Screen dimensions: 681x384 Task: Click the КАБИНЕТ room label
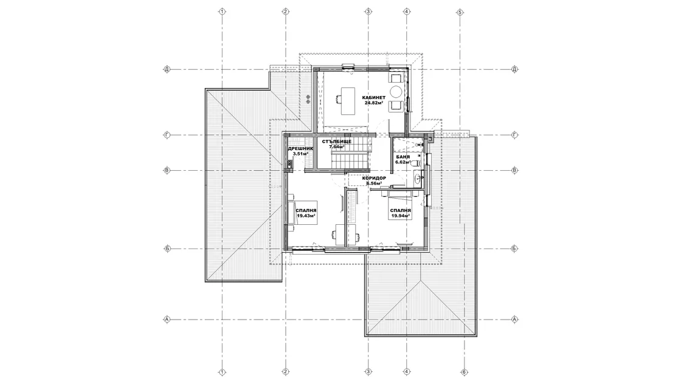pyautogui.click(x=374, y=98)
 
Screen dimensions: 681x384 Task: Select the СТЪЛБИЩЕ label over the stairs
pyautogui.click(x=337, y=142)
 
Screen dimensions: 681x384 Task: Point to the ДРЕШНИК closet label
pyautogui.click(x=300, y=148)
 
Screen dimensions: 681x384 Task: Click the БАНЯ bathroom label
pyautogui.click(x=403, y=157)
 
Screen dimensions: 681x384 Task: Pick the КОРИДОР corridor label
pyautogui.click(x=374, y=178)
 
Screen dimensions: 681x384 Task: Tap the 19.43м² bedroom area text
pyautogui.click(x=306, y=215)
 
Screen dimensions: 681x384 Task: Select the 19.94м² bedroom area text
pyautogui.click(x=401, y=215)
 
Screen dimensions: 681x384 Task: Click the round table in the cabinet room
pyautogui.click(x=396, y=92)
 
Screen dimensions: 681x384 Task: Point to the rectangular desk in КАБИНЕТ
pyautogui.click(x=348, y=101)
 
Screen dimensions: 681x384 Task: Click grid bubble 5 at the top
pyautogui.click(x=460, y=12)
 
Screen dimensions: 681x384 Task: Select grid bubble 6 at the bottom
pyautogui.click(x=464, y=372)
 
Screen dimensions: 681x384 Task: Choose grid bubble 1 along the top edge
pyautogui.click(x=222, y=12)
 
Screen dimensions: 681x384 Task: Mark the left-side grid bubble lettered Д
pyautogui.click(x=167, y=69)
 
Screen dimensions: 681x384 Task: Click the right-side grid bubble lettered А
pyautogui.click(x=515, y=320)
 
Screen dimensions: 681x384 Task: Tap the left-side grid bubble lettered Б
pyautogui.click(x=167, y=249)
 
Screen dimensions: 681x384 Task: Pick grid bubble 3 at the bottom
pyautogui.click(x=368, y=372)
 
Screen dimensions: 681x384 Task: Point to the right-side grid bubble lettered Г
pyautogui.click(x=515, y=135)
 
